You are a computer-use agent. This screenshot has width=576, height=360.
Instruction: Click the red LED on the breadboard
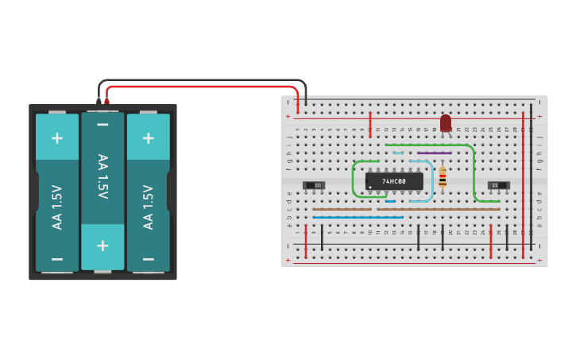446,122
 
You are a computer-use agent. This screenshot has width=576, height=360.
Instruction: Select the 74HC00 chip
394,181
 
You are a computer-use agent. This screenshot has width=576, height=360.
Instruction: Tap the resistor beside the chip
443,176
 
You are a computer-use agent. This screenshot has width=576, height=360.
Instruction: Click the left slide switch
314,185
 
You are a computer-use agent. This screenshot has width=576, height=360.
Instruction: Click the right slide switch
498,185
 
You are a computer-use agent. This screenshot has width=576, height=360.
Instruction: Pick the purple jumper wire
434,153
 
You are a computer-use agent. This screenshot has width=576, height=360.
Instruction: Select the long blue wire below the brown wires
358,217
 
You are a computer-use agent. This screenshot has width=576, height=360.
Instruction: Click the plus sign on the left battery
57,137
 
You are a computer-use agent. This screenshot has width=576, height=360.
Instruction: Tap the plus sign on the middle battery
102,245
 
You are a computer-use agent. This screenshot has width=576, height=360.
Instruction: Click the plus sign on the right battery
148,137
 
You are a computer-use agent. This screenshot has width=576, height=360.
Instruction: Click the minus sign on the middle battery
102,125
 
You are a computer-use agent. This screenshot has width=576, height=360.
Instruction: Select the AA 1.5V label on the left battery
57,207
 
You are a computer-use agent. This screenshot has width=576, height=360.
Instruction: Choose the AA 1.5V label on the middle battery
102,177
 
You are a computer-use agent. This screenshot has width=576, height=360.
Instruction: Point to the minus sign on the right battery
148,259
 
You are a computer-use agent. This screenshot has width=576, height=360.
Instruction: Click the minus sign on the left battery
57,259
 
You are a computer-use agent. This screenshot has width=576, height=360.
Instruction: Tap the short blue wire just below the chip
390,201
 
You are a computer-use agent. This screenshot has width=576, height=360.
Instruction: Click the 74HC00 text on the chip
393,181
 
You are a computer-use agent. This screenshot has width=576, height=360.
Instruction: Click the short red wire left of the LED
370,124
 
